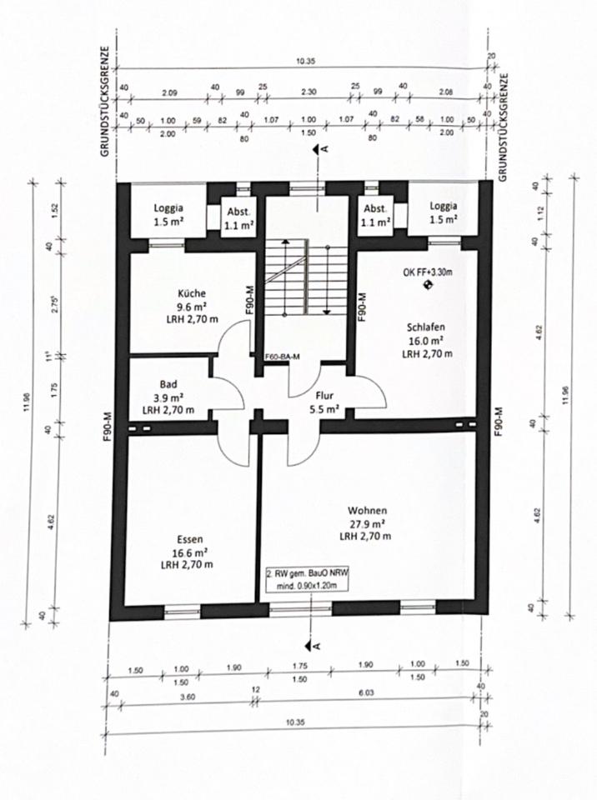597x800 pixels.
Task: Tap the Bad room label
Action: (168, 384)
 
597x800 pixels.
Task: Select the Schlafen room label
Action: (426, 327)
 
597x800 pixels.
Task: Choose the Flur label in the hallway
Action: (325, 397)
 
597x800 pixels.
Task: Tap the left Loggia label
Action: (168, 209)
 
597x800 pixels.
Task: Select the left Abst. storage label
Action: (238, 212)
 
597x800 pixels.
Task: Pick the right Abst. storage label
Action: (375, 209)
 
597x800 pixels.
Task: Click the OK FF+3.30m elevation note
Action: (429, 271)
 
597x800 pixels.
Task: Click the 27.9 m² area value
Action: (367, 523)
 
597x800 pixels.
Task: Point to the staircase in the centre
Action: (306, 276)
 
